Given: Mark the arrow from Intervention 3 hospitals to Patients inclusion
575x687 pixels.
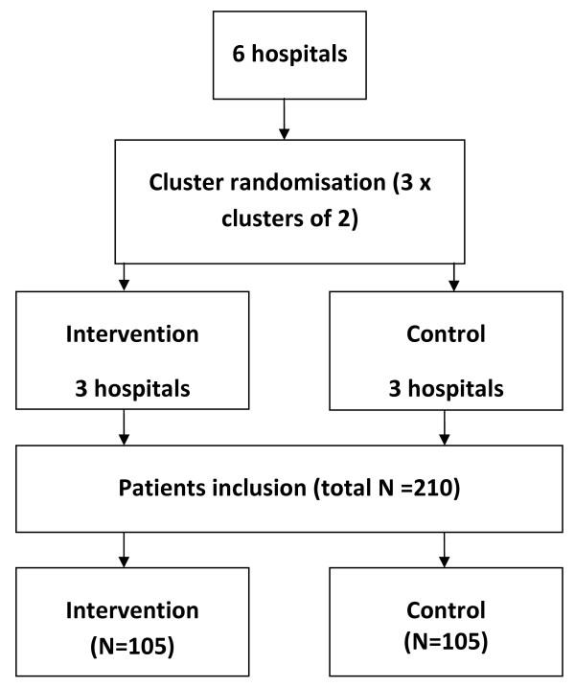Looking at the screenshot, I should point(123,429).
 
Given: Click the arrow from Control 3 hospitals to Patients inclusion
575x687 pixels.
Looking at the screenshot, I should point(444,429).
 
